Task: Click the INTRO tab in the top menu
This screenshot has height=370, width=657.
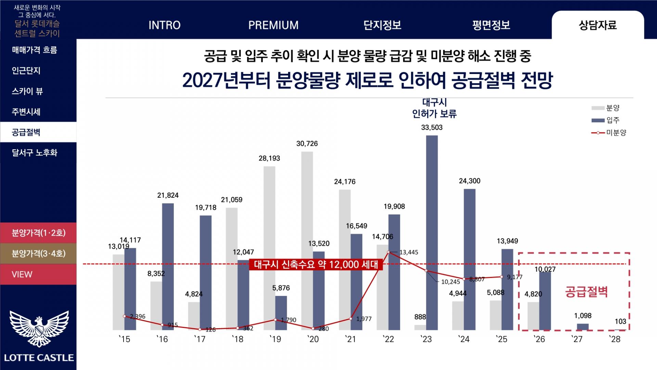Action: (164, 25)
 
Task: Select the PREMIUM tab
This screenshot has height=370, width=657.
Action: (273, 25)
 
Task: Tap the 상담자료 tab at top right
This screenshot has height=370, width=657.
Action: (597, 25)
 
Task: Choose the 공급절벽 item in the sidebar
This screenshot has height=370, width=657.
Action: (26, 132)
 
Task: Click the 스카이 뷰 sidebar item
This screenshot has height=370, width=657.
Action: (27, 91)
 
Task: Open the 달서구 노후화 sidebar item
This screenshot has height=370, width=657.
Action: (35, 153)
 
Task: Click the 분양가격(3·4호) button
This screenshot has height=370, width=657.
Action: (38, 254)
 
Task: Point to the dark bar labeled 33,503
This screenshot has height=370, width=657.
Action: (432, 233)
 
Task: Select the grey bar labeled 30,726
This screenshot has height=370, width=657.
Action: (307, 240)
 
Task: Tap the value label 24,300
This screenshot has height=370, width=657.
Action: (469, 181)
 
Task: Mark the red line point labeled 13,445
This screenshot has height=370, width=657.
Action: (388, 252)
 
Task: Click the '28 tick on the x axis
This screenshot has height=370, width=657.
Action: (615, 339)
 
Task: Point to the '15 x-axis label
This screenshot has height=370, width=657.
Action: (125, 339)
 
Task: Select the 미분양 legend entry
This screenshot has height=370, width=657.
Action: (609, 133)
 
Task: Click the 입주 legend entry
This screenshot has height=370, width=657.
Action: (606, 120)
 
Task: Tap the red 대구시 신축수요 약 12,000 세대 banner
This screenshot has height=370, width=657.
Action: (316, 264)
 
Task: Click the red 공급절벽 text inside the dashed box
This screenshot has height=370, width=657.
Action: (586, 292)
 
